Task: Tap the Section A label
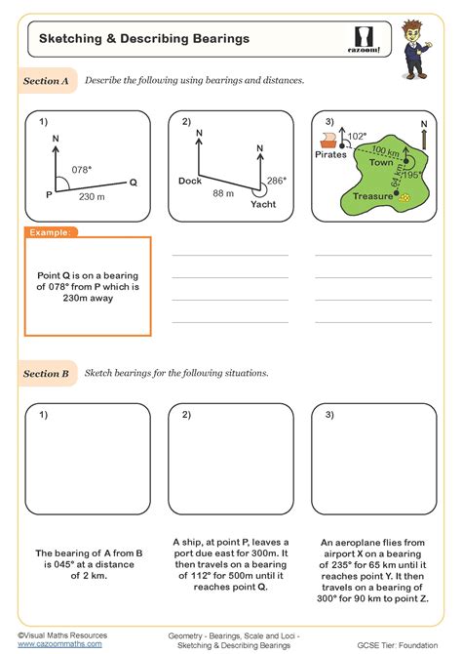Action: (x=46, y=83)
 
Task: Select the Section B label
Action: (x=46, y=373)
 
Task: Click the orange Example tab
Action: (x=50, y=232)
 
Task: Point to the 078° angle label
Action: (x=83, y=169)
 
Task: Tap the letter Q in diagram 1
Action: (x=134, y=183)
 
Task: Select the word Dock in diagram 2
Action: (x=190, y=182)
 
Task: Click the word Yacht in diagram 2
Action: (x=263, y=205)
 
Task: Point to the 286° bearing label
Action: (x=277, y=181)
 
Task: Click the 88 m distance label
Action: (x=223, y=194)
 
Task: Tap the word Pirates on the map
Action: (x=332, y=154)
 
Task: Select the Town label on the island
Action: (x=381, y=163)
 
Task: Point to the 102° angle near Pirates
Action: (x=358, y=136)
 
